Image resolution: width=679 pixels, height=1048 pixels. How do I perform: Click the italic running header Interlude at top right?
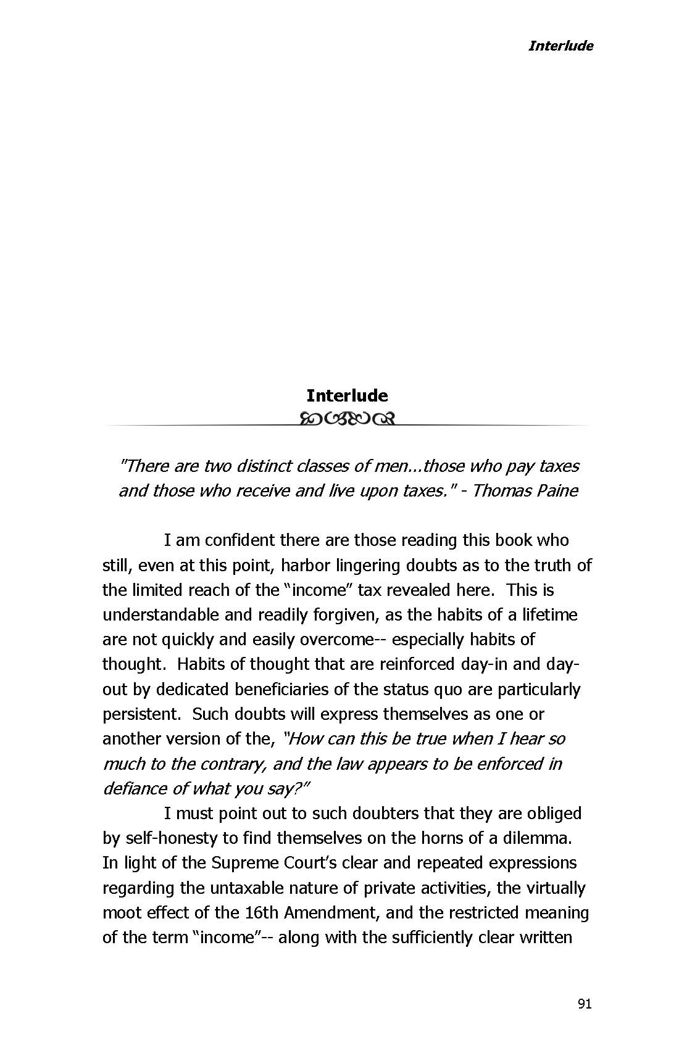coord(560,46)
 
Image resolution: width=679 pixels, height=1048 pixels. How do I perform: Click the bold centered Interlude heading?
coord(347,395)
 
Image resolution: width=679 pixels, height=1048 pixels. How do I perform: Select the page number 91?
coord(585,1004)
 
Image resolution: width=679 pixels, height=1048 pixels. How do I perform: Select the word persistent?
coord(140,714)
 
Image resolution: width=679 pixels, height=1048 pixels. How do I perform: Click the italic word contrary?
coord(226,764)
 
